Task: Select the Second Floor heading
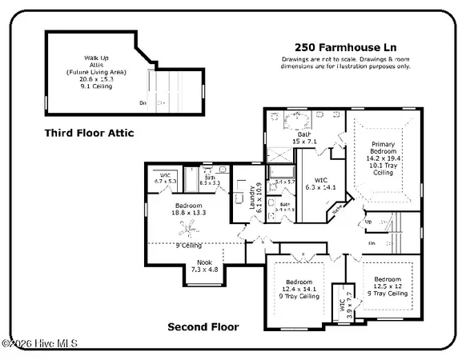click(x=203, y=326)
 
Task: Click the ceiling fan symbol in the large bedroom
click(x=189, y=232)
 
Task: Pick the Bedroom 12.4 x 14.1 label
click(x=301, y=288)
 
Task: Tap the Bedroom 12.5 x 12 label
click(x=386, y=286)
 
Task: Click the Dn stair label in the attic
click(x=143, y=102)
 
